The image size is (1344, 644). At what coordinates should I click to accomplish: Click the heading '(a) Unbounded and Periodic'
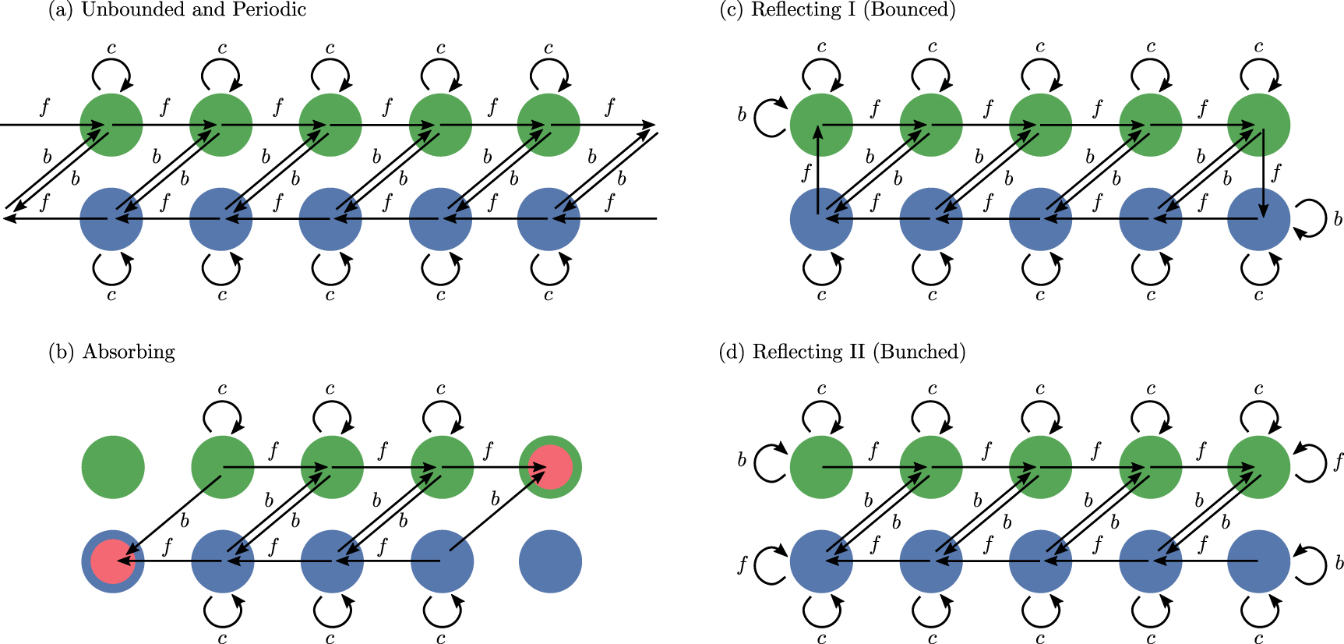(177, 10)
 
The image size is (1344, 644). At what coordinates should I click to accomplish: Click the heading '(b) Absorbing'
(111, 352)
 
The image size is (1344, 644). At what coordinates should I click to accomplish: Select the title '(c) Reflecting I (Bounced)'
(838, 10)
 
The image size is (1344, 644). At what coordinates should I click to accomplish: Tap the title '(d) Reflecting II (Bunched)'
(842, 352)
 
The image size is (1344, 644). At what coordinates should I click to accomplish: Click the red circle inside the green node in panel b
(551, 467)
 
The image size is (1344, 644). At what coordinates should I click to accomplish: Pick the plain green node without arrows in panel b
(113, 467)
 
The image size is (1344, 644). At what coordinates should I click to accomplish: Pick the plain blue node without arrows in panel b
(550, 561)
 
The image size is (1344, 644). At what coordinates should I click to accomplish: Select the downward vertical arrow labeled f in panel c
(1263, 173)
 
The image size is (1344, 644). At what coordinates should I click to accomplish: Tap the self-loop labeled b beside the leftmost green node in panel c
(770, 117)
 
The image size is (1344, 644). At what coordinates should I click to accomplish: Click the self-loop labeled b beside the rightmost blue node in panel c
(1311, 218)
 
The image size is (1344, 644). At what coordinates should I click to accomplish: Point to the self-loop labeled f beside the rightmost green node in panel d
(1311, 462)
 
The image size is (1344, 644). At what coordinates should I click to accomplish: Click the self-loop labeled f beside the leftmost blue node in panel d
(769, 564)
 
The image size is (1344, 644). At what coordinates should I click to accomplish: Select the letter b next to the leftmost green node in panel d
(742, 460)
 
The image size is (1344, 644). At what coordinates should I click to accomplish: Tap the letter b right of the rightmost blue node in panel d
(1339, 562)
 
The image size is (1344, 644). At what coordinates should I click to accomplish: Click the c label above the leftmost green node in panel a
(111, 48)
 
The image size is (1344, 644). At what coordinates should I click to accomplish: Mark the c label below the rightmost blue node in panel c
(1258, 295)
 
